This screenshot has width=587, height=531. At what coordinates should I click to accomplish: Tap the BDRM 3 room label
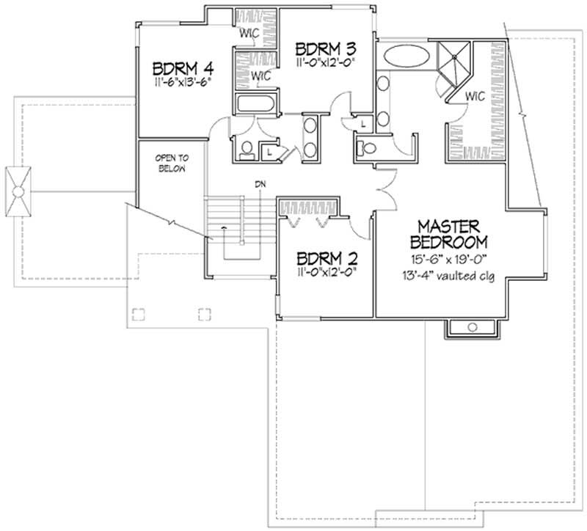326,49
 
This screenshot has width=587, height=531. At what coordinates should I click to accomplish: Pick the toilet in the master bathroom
366,148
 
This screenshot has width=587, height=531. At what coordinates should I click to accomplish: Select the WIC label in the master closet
475,95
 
